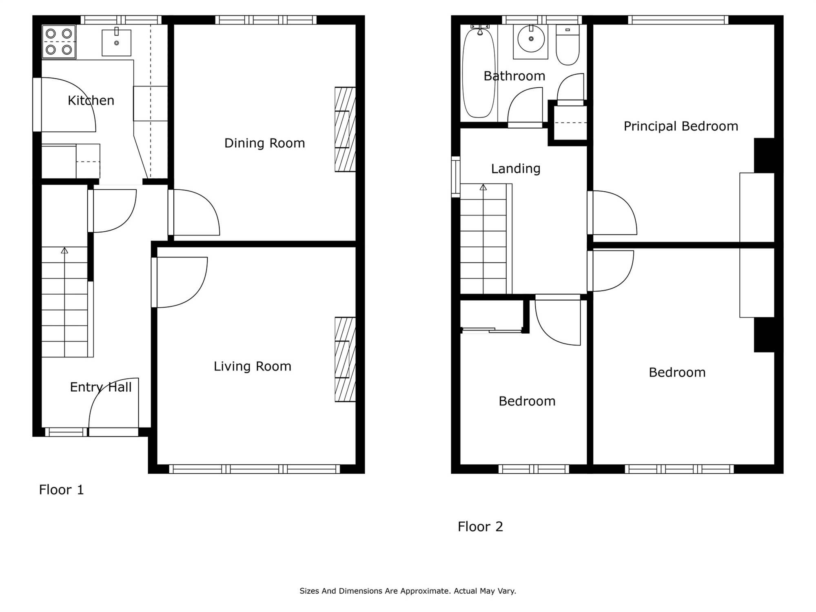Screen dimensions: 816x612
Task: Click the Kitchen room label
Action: click(x=91, y=100)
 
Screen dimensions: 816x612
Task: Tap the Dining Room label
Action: click(x=265, y=143)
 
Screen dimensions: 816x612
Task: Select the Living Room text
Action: click(x=253, y=366)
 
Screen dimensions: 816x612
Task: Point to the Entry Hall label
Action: click(x=101, y=387)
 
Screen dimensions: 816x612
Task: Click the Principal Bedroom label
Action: click(x=681, y=126)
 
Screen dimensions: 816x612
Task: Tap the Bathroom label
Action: click(x=514, y=76)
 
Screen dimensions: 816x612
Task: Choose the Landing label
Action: click(x=516, y=169)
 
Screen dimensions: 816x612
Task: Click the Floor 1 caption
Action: click(x=61, y=490)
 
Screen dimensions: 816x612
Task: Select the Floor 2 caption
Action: click(x=480, y=527)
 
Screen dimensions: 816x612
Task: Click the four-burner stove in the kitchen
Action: click(x=59, y=42)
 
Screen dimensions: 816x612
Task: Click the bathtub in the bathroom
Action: click(x=479, y=72)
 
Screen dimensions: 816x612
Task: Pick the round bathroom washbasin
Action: click(x=531, y=39)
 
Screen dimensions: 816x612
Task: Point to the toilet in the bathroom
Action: click(x=568, y=45)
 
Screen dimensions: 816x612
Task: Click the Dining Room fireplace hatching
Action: click(x=345, y=129)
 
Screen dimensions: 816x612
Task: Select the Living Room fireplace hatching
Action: click(x=345, y=359)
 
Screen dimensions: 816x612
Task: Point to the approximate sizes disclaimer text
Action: click(x=408, y=591)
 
